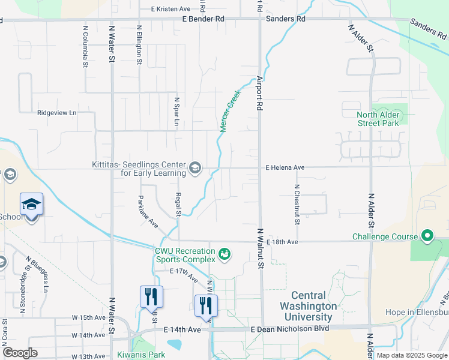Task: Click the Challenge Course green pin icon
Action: tap(427, 235)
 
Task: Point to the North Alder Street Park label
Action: tap(378, 119)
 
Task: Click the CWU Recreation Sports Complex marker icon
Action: tap(225, 255)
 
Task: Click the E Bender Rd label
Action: tap(203, 19)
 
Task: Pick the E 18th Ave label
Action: tap(282, 242)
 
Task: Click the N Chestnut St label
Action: tap(297, 204)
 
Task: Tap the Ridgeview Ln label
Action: tap(57, 112)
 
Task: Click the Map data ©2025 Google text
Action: tap(411, 355)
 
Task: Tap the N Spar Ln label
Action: tap(177, 112)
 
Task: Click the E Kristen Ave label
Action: tap(170, 9)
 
